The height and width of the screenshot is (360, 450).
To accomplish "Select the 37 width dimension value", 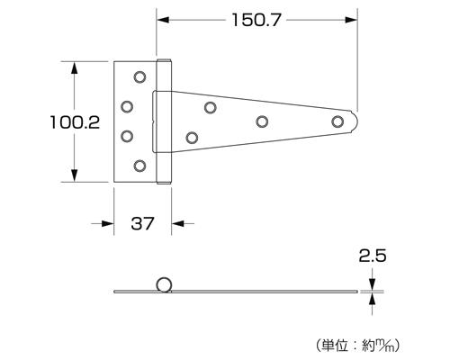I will [142, 224].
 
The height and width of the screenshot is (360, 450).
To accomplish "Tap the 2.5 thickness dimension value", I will [372, 256].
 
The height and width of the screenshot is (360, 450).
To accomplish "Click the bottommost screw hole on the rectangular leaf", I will [139, 166].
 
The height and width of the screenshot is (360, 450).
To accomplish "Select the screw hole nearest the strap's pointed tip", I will [337, 121].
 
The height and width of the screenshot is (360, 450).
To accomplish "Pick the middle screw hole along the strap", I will [262, 121].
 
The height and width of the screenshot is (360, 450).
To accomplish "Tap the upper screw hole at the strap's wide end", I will [210, 108].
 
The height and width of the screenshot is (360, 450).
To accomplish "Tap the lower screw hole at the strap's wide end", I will [193, 137].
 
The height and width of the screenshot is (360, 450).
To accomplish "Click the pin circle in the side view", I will [164, 284].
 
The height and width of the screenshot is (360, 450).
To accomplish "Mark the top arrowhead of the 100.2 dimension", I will [75, 65].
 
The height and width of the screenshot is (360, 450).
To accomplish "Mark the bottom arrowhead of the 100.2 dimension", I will [75, 178].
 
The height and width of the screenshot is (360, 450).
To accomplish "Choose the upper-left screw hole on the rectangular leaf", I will [127, 106].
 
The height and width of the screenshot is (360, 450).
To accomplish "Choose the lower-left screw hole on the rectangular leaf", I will [127, 136].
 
